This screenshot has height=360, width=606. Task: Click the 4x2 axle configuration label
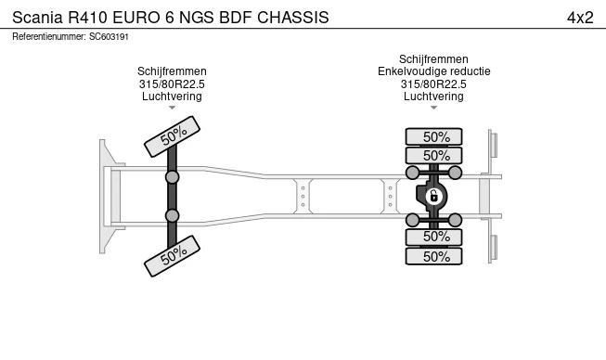tap(580, 18)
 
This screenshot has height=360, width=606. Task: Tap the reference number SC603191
tap(109, 37)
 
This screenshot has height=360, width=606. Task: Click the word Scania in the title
tap(37, 18)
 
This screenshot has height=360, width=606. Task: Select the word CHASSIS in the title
tap(293, 18)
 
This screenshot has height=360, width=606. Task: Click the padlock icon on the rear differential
tap(433, 196)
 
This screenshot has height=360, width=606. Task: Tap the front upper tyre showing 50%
tap(172, 136)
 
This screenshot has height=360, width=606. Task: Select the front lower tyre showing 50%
tap(172, 256)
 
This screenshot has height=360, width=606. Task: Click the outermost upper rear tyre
tap(433, 136)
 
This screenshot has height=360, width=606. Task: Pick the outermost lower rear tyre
tap(433, 256)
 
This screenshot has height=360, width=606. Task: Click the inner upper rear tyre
tap(433, 156)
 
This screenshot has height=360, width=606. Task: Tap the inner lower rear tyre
tap(433, 237)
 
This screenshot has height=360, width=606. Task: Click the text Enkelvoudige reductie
tap(434, 71)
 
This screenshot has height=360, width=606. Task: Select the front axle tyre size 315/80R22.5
tap(172, 84)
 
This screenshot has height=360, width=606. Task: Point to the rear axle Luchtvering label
tap(433, 96)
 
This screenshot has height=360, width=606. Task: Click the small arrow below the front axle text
tap(172, 108)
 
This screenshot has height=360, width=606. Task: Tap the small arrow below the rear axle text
tap(433, 108)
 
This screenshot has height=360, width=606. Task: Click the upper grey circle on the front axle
tap(172, 177)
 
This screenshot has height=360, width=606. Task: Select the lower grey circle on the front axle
tap(172, 215)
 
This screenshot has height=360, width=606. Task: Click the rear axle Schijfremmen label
tap(433, 59)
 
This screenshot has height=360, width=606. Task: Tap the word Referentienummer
tap(49, 37)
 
